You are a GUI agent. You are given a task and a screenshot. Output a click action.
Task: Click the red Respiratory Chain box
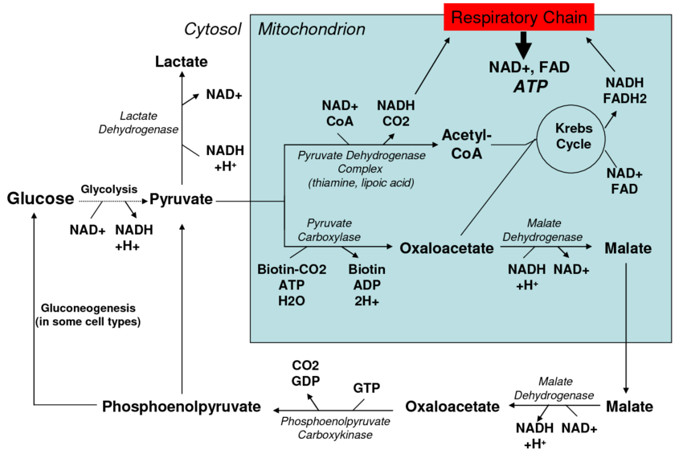click(519, 18)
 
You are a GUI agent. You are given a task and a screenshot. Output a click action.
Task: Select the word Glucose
click(40, 198)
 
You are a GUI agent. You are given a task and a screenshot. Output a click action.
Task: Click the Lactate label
click(182, 61)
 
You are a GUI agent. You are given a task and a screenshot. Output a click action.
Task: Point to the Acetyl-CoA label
click(467, 144)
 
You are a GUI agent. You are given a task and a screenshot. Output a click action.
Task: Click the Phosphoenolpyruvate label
click(182, 407)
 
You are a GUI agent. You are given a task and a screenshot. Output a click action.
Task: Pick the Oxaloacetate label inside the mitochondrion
click(447, 248)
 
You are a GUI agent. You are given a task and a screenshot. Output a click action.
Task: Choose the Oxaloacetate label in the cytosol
click(452, 407)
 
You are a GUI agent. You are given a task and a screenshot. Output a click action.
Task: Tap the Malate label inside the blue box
click(628, 248)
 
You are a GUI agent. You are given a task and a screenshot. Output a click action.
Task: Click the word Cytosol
click(213, 29)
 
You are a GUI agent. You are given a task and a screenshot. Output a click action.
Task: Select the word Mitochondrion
click(312, 29)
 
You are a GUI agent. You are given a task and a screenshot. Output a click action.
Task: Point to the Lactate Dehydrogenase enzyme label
click(138, 122)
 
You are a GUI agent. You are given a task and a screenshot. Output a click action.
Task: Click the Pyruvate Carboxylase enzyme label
click(329, 230)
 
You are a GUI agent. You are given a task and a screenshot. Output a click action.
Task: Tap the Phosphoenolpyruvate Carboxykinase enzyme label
click(335, 427)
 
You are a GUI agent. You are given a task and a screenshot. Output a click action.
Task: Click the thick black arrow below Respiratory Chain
click(524, 45)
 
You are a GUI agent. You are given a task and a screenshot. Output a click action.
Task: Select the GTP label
click(366, 388)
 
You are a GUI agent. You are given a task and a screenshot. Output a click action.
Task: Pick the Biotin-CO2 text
click(292, 269)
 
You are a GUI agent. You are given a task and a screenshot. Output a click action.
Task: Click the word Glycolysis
click(109, 190)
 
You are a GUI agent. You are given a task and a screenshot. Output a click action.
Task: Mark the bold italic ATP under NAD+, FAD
click(530, 87)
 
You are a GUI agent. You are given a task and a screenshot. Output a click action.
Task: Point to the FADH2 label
click(624, 99)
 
